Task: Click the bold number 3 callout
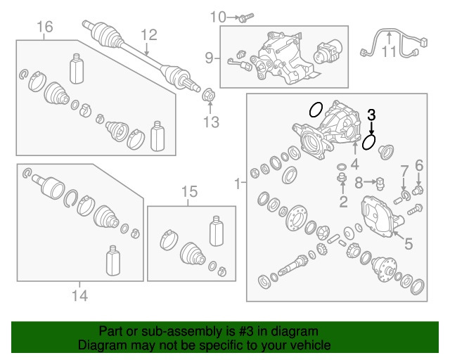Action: (371, 115)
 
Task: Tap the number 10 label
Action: (218, 17)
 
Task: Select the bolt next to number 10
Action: (247, 18)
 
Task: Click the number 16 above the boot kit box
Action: (45, 27)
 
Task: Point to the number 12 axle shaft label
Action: (149, 35)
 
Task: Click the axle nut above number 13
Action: (209, 96)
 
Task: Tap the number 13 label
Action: (211, 122)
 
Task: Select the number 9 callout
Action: (210, 58)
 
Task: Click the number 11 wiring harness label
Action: (389, 51)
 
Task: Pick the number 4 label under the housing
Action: (355, 165)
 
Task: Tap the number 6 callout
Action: (419, 166)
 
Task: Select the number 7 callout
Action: (404, 171)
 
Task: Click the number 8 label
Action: (359, 183)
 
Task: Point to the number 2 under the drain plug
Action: (343, 202)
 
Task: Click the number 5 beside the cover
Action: (409, 244)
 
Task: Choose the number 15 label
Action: (189, 191)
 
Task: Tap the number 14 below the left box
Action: (79, 295)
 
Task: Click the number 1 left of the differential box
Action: (238, 184)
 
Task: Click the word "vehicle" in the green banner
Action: (314, 345)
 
